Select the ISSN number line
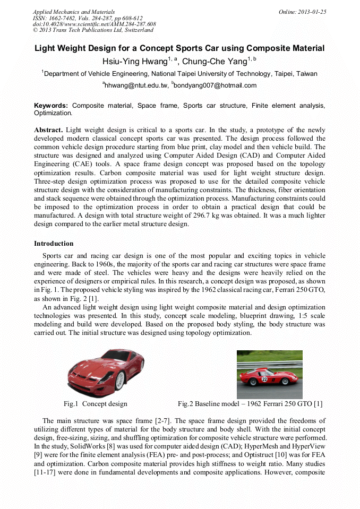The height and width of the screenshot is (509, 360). [x=88, y=18]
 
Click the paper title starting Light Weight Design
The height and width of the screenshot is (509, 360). [x=179, y=48]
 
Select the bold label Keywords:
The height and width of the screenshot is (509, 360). [x=51, y=106]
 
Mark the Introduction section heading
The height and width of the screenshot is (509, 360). [x=54, y=244]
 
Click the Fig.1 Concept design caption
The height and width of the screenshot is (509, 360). [x=95, y=404]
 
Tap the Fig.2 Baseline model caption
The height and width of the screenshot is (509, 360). [x=250, y=404]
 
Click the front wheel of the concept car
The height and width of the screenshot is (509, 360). [x=121, y=378]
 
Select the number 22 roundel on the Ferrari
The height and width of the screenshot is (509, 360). [x=264, y=379]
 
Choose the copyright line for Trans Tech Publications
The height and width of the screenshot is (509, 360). [x=93, y=30]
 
